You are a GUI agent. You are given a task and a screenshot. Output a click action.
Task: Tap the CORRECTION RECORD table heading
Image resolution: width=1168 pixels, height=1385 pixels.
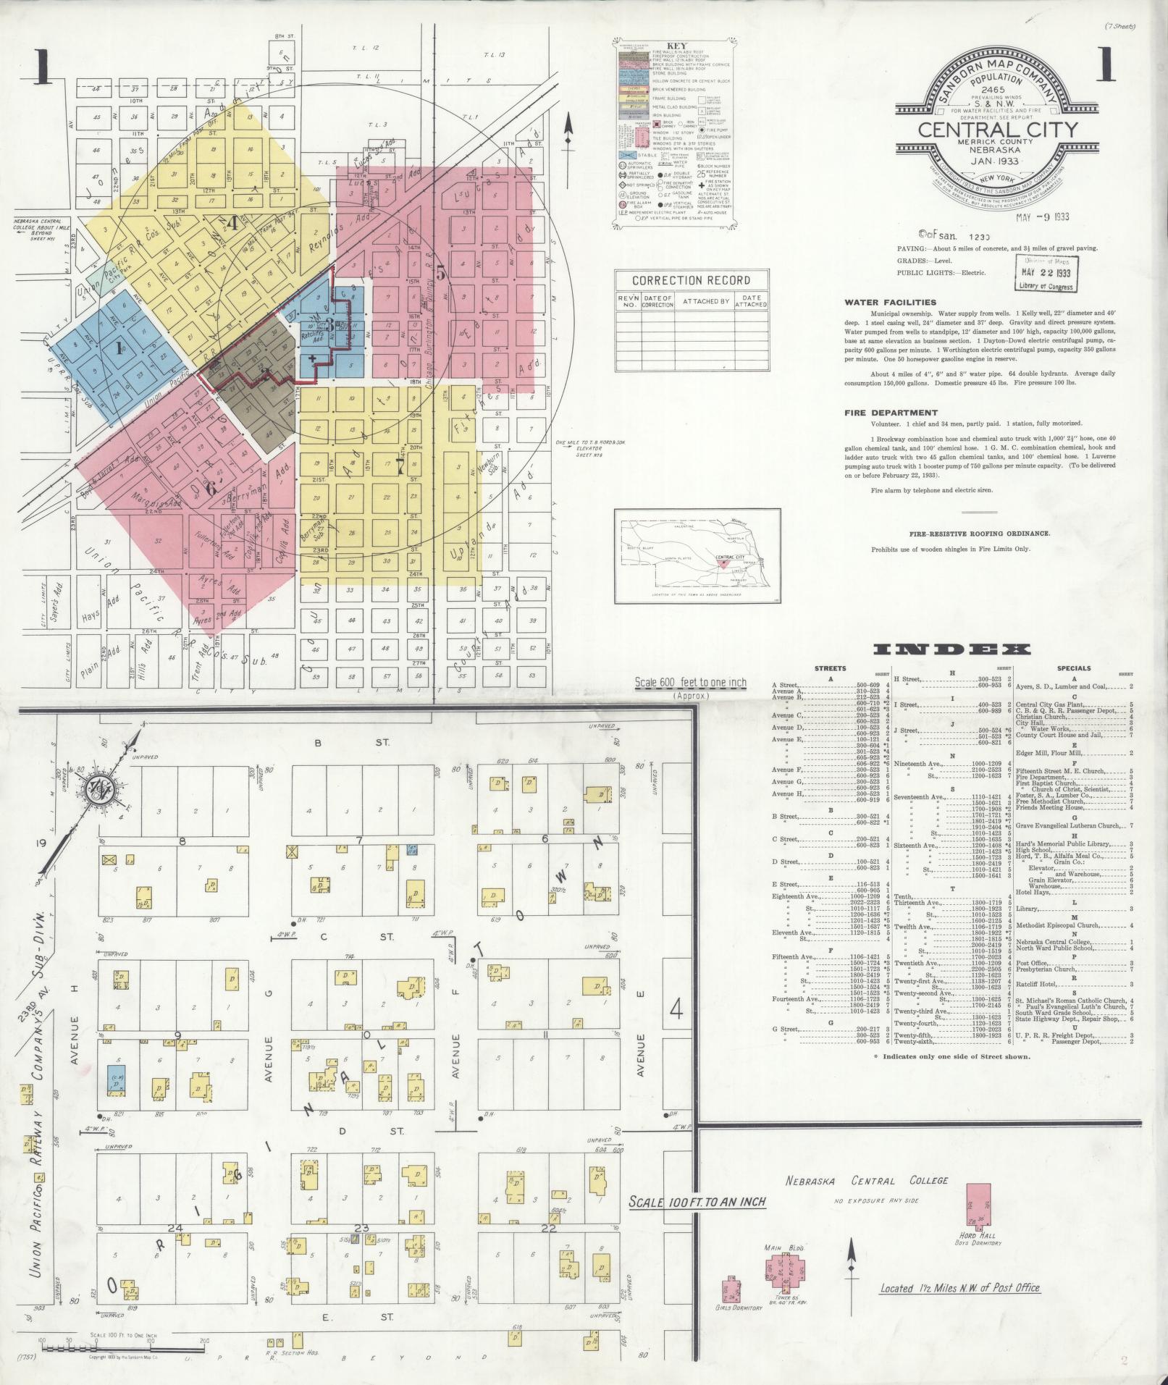click(691, 280)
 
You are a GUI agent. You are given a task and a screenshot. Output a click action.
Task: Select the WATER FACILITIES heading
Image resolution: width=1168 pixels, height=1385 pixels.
click(890, 303)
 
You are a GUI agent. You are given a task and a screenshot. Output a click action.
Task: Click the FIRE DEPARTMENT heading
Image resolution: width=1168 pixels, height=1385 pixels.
click(891, 413)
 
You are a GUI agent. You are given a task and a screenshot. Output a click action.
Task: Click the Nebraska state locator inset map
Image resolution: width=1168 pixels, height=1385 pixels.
click(697, 555)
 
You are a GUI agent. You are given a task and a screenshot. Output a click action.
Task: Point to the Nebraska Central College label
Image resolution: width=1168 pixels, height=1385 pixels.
click(867, 1181)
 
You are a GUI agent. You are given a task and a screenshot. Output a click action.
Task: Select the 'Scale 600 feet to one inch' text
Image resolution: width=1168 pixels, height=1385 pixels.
click(689, 683)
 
